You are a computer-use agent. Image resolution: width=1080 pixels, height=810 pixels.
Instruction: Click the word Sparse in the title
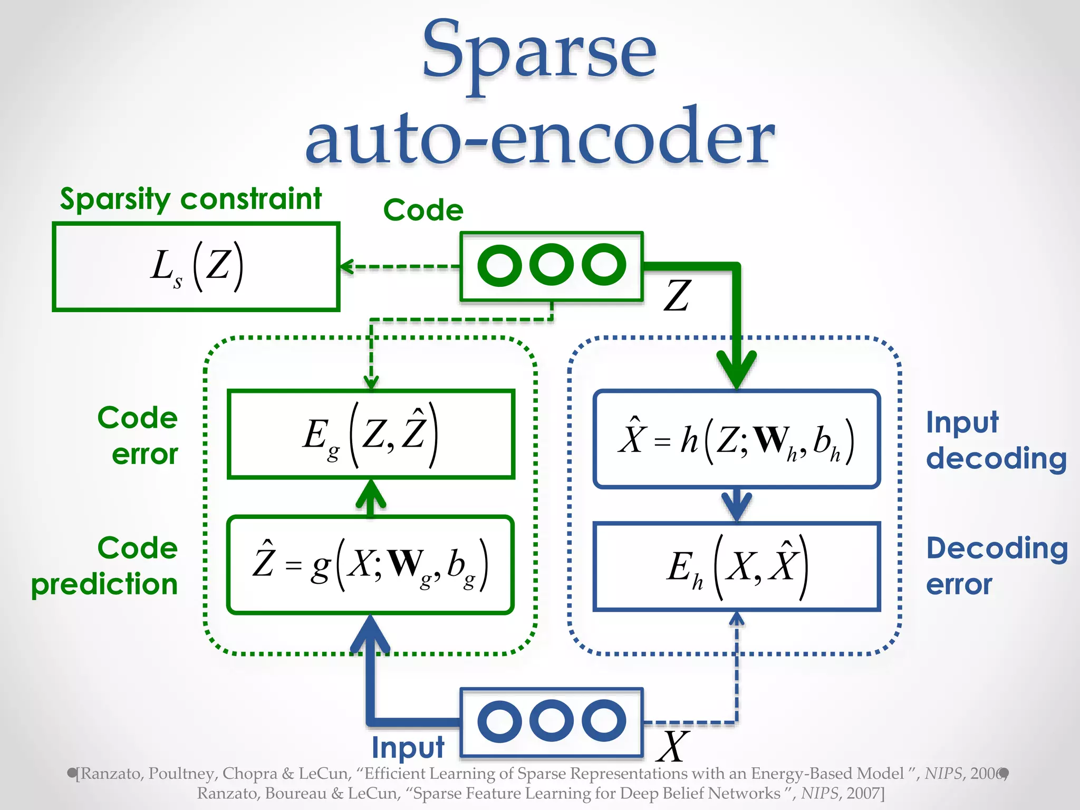539,53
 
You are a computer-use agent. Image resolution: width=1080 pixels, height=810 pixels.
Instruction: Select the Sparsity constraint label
190,199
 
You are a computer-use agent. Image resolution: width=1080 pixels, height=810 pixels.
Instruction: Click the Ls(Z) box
196,267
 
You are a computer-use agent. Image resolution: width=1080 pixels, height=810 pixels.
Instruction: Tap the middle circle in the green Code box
552,265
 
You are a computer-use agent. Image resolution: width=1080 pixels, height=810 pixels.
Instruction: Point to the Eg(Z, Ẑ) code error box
371,434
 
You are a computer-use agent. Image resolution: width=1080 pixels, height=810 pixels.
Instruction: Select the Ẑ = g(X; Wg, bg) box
371,564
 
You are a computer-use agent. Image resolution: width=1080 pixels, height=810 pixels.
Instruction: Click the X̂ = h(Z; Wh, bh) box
737,439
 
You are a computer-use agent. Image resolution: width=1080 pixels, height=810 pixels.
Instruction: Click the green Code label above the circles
423,210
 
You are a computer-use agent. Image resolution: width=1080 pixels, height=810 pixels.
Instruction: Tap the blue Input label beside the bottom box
408,747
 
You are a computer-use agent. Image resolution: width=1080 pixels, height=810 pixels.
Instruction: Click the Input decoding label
996,440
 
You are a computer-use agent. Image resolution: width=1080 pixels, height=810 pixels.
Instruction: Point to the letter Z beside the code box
677,296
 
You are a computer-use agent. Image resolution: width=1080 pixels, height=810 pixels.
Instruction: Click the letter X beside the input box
673,746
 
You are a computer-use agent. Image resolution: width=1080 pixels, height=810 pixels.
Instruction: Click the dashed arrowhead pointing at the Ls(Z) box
346,267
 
